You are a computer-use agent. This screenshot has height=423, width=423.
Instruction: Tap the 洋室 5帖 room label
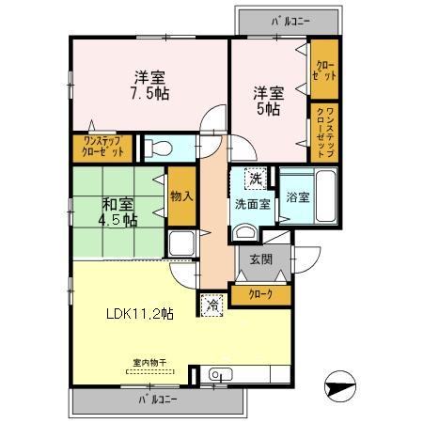tap(266, 101)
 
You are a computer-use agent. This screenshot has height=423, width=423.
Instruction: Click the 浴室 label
tap(298, 199)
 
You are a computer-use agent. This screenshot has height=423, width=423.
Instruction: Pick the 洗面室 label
tap(252, 201)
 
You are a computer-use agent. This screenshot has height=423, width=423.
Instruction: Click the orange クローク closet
tap(261, 295)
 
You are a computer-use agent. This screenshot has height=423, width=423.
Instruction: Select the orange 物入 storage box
tap(180, 196)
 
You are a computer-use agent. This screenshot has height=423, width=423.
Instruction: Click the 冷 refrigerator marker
tap(212, 303)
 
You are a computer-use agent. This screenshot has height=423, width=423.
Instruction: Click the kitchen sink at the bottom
tap(218, 375)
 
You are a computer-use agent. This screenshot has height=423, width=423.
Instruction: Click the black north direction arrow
tap(340, 385)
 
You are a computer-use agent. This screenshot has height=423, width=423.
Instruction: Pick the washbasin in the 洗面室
tap(245, 233)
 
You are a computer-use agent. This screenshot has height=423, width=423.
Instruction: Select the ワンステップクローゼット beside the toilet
tap(101, 148)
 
